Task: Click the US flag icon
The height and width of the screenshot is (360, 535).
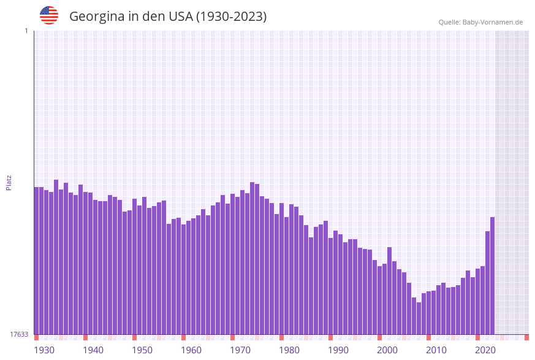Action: point(49,15)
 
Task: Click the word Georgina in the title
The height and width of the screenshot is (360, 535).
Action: point(97,17)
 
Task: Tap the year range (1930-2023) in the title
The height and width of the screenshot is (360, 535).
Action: point(231,17)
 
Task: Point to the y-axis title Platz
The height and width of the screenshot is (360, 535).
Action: point(9,182)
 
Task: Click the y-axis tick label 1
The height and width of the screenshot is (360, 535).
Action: point(26,31)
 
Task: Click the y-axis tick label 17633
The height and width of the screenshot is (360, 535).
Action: point(19,334)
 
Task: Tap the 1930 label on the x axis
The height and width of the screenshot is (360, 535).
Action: point(44,350)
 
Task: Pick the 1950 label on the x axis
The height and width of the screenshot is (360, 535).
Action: point(142,350)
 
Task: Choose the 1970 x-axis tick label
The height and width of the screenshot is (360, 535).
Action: point(240,350)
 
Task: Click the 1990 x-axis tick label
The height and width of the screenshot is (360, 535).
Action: point(338,350)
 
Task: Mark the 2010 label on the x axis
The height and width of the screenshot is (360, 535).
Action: point(436,350)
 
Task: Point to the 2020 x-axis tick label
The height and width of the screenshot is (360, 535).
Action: point(485,350)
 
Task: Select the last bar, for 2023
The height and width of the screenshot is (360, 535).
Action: point(492,276)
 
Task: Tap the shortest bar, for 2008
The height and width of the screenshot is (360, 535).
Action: point(419,318)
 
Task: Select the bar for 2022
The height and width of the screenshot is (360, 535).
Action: point(487,283)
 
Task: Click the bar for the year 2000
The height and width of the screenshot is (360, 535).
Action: point(380,300)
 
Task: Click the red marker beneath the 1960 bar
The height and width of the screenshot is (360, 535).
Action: point(183,337)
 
